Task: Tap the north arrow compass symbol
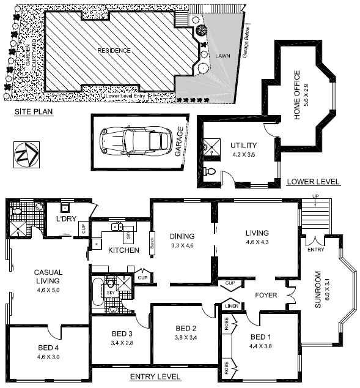tap(26, 151)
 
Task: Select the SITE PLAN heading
tap(34, 113)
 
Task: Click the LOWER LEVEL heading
tap(313, 182)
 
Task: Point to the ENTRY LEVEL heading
tap(155, 376)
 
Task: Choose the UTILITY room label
tap(243, 146)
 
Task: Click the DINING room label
tap(182, 236)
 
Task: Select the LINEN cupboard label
tap(230, 306)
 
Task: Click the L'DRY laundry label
tap(65, 219)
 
